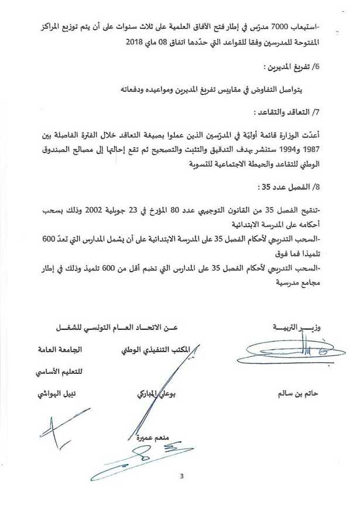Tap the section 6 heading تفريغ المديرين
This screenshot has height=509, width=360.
pos(285,68)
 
